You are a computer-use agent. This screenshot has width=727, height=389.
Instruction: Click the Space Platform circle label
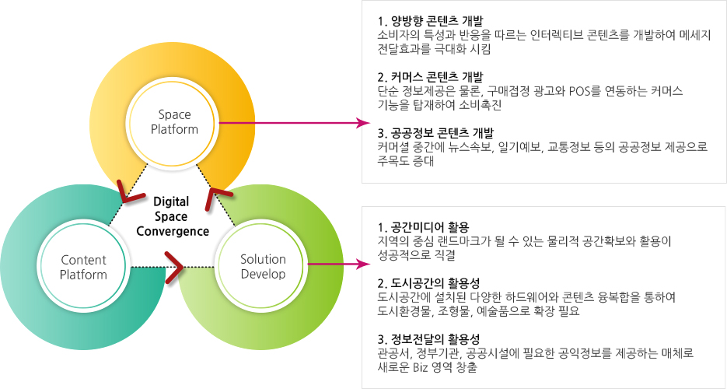[174, 121]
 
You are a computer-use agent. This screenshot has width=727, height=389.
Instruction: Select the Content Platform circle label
[83, 267]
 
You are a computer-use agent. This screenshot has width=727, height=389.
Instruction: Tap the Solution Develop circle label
[263, 266]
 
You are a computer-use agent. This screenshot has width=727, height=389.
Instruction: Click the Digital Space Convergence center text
[173, 216]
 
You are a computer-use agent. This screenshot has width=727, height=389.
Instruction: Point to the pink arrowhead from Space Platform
[365, 123]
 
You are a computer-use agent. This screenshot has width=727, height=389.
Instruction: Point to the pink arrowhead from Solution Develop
[365, 265]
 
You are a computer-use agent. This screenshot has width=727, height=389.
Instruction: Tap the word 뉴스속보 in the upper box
[469, 148]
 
